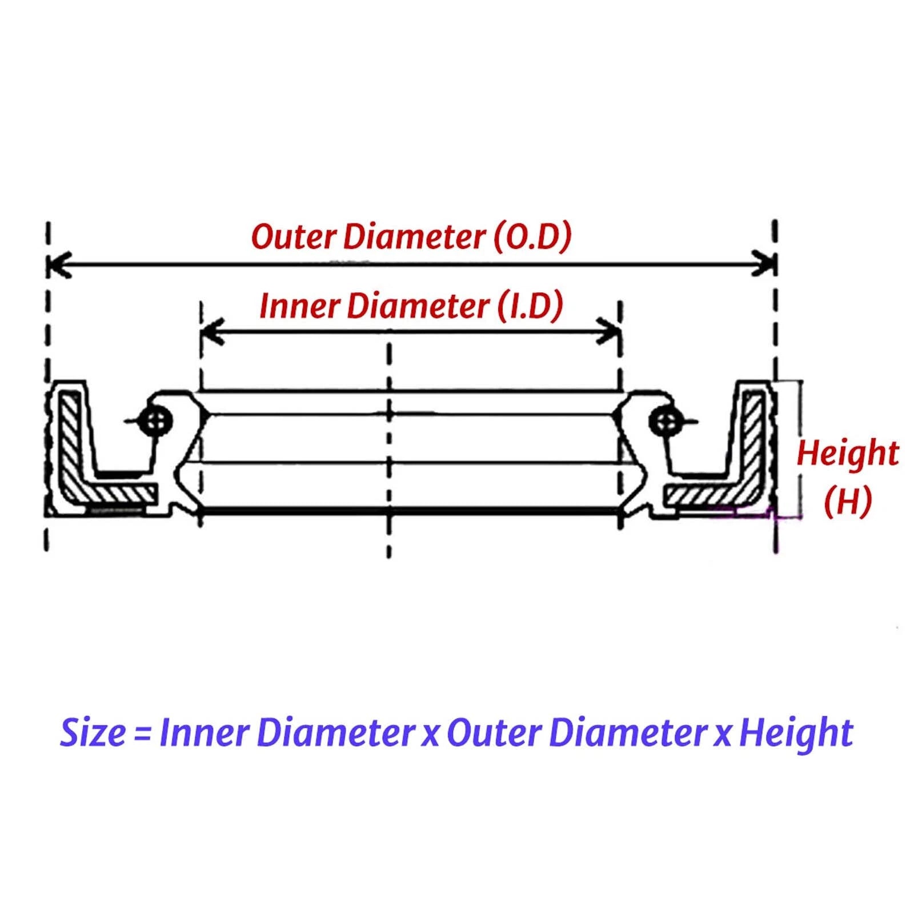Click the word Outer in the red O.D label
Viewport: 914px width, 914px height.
293,236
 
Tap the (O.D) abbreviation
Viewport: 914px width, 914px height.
532,236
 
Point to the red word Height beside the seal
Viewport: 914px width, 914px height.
848,454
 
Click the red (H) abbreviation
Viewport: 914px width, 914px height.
848,502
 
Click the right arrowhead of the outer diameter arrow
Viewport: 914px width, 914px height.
764,264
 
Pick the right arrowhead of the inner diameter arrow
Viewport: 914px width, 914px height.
609,331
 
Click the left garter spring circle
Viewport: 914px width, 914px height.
156,422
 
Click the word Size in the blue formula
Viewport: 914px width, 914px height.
93,733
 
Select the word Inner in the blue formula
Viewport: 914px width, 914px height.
203,733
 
